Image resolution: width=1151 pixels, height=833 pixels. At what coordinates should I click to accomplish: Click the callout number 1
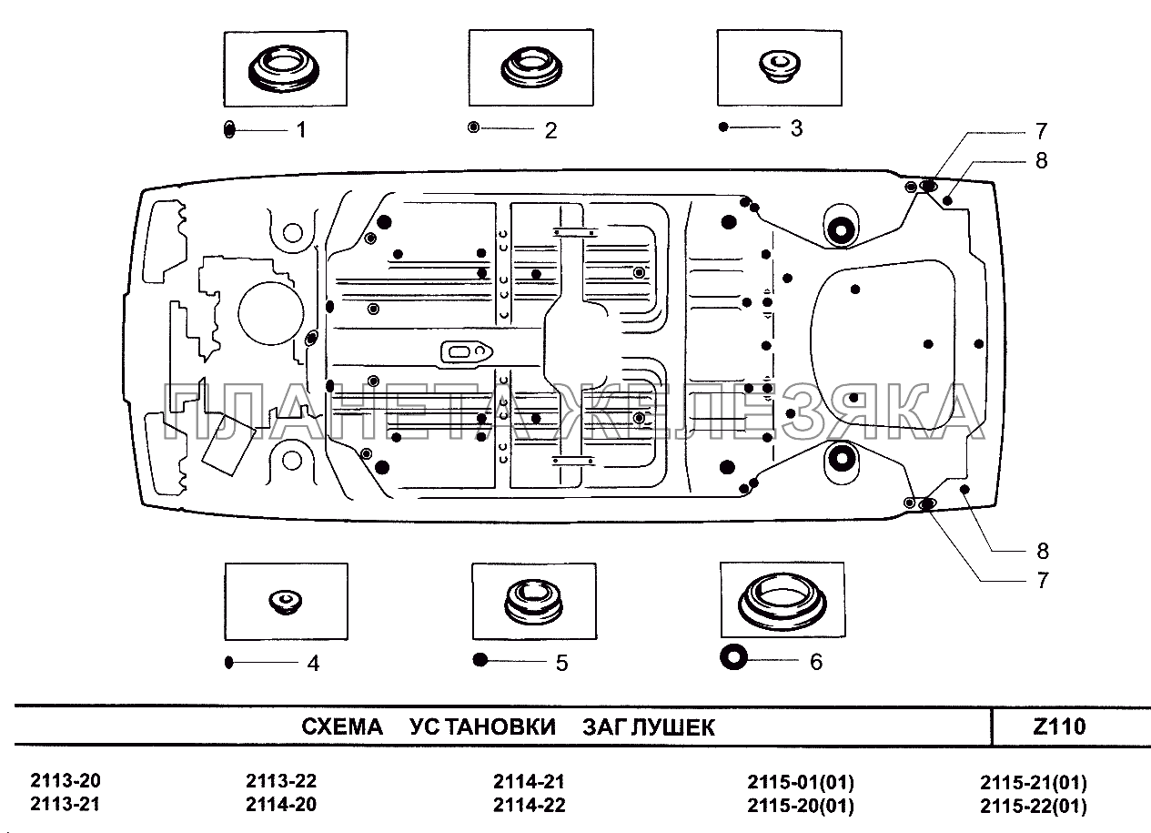[x=300, y=130]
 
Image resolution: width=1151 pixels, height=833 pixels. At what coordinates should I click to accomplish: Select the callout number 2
[x=550, y=130]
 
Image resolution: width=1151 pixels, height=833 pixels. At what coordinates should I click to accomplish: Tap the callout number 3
[x=796, y=128]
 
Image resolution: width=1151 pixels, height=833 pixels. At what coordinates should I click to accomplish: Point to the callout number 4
[x=313, y=664]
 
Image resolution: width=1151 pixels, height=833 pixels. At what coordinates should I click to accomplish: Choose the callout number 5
[x=561, y=663]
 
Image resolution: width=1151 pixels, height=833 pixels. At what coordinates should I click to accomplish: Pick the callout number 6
[x=815, y=662]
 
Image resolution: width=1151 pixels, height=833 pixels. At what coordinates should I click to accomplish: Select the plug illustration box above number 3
[x=777, y=67]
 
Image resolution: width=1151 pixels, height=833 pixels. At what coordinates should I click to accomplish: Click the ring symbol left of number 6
[x=733, y=656]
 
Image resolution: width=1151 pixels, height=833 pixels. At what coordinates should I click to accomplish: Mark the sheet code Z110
[x=1060, y=727]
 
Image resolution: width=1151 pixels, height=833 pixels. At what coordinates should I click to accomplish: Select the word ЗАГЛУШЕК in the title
[x=649, y=728]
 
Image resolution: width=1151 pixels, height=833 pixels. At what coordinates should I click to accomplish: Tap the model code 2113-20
[x=66, y=781]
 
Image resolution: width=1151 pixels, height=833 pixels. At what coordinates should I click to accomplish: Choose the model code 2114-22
[x=529, y=806]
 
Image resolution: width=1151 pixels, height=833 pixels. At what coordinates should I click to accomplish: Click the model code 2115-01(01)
[x=801, y=782]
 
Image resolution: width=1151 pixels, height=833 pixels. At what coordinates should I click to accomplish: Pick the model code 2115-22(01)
[x=1033, y=807]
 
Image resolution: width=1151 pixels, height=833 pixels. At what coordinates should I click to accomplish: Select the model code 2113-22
[x=281, y=781]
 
